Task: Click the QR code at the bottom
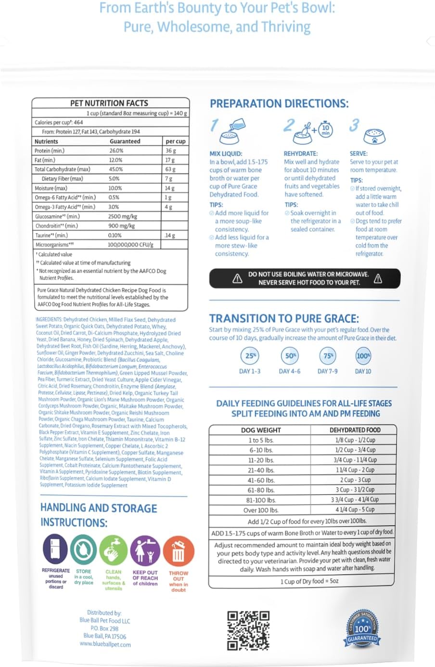pos(248,630)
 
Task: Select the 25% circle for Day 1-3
pos(250,356)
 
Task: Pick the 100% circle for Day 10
pos(363,356)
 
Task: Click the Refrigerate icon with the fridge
pos(55,549)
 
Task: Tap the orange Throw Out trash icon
pos(178,551)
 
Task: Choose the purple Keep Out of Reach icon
pos(145,550)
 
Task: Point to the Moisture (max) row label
pos(51,188)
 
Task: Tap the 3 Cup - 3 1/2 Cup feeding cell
pos(355,490)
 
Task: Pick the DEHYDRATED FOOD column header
pos(355,430)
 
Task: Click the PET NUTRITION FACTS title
pos(109,103)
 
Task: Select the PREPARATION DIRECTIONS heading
pos(279,103)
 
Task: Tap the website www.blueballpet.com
pos(105,644)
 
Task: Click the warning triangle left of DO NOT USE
pos(237,278)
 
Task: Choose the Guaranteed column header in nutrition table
pos(125,141)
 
